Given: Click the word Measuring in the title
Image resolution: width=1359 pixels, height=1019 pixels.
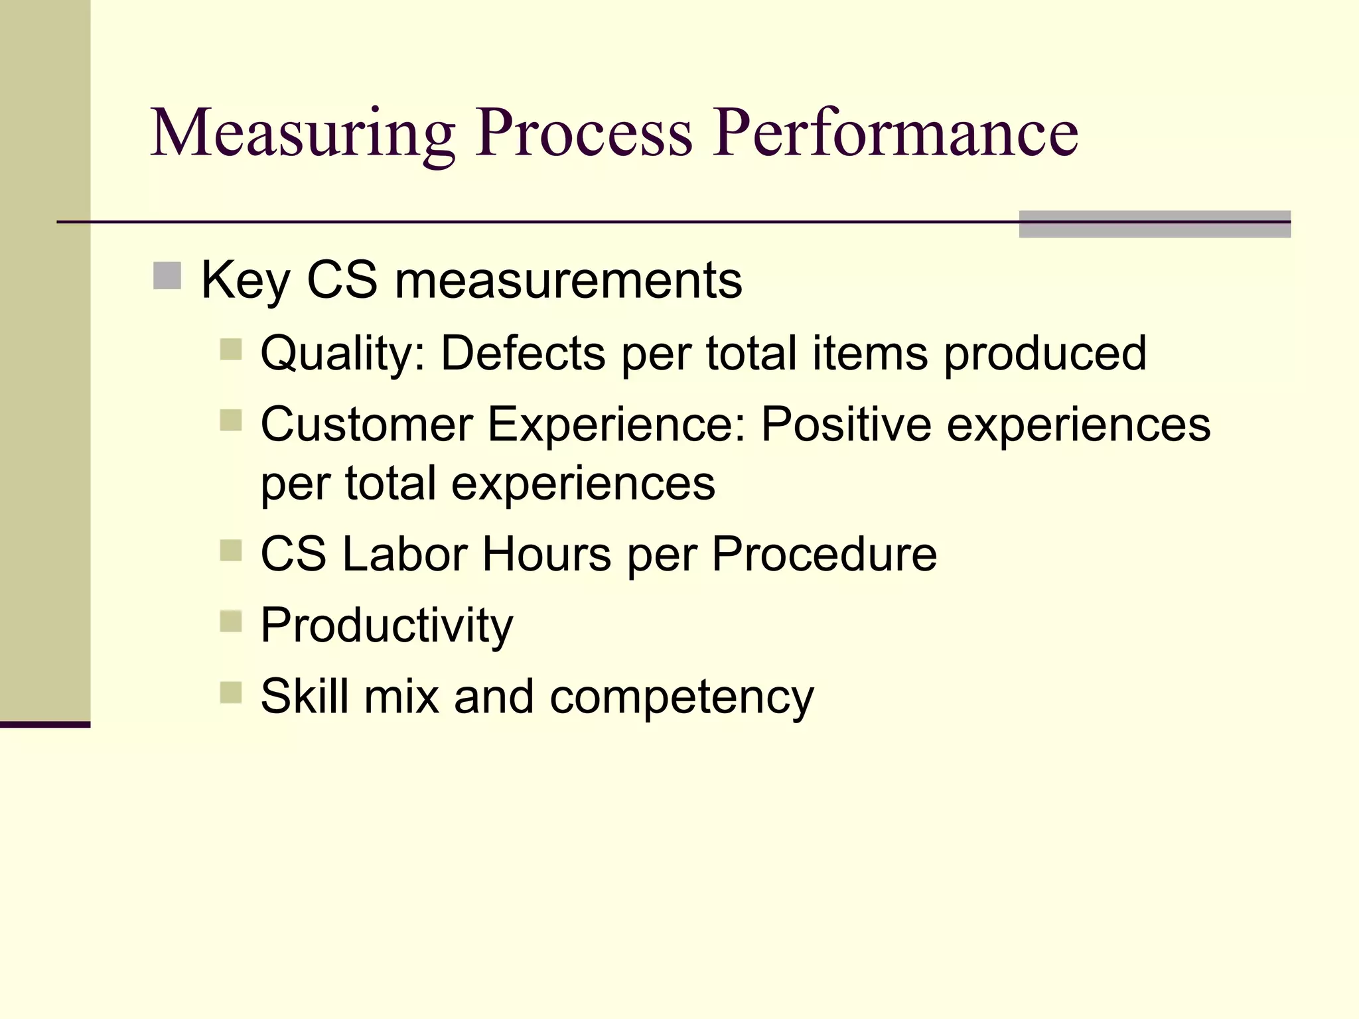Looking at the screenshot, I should tap(303, 134).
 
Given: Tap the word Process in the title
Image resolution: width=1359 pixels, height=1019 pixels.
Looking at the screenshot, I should tap(584, 134).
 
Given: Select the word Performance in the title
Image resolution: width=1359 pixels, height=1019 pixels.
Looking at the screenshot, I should tap(895, 134).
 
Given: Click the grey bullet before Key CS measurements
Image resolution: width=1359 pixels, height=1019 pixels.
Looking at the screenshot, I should tap(167, 276).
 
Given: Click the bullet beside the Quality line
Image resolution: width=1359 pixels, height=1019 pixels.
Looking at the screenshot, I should tap(231, 349).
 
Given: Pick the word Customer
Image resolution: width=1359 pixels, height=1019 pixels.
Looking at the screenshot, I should tap(366, 424).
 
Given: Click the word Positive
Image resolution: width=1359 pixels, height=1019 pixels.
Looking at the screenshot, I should tap(846, 424).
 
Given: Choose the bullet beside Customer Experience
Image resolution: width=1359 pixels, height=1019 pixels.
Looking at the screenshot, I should tap(231, 420).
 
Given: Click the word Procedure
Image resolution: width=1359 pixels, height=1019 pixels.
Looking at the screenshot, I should tap(824, 554).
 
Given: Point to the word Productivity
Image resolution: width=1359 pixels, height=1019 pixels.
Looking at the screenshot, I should tap(387, 626).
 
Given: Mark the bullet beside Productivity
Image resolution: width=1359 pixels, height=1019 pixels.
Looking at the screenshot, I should tap(231, 622).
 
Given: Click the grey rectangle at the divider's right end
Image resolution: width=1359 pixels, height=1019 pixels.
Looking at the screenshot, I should tap(1155, 224).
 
